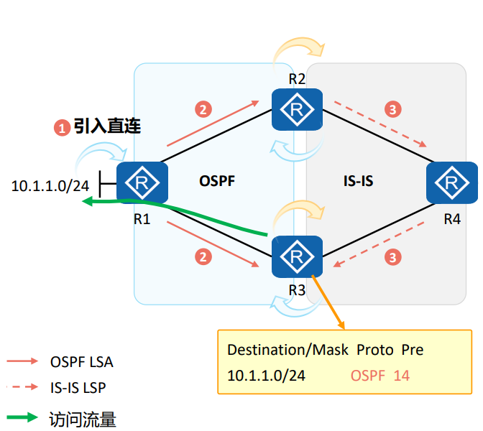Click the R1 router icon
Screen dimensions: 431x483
(142, 182)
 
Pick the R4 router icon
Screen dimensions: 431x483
(451, 182)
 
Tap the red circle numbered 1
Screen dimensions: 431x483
(62, 128)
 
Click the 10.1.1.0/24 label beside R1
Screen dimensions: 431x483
(50, 186)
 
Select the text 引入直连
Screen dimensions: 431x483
(107, 126)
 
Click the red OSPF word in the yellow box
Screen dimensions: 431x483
(367, 375)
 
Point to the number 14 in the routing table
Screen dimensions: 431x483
(402, 375)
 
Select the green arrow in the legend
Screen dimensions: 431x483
(22, 417)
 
